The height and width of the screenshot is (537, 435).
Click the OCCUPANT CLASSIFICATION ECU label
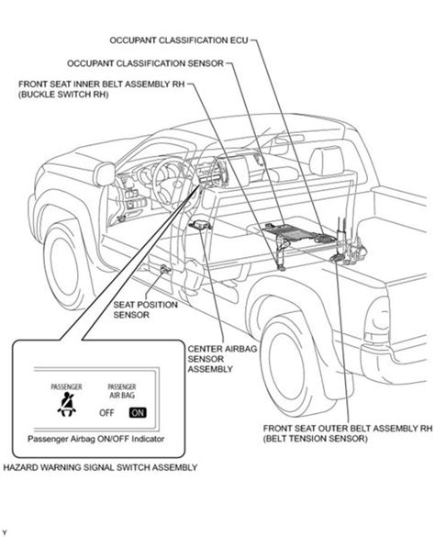click(178, 40)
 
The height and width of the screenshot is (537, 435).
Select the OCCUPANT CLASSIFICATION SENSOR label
click(145, 63)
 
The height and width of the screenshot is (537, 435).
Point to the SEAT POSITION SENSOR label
click(145, 309)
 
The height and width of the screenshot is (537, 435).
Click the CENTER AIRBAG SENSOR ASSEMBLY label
click(222, 359)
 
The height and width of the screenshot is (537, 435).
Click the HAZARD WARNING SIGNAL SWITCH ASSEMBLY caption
click(100, 467)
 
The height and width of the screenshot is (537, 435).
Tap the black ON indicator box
click(138, 413)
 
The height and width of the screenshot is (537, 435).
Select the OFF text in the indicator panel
click(106, 413)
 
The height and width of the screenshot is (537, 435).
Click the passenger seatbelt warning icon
click(67, 405)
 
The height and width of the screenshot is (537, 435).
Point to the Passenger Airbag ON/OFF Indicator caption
click(96, 439)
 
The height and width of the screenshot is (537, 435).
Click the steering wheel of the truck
click(169, 185)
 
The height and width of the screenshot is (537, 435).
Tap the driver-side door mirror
click(106, 174)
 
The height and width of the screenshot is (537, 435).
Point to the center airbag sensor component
click(200, 225)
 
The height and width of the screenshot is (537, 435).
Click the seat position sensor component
click(165, 269)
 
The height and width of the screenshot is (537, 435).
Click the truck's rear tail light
click(376, 320)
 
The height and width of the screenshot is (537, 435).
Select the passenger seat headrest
click(327, 161)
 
